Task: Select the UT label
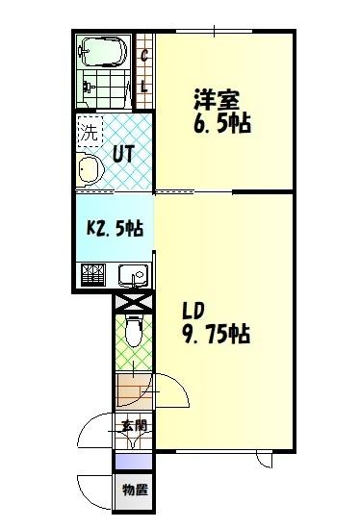[122, 152]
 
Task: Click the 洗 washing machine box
[89, 132]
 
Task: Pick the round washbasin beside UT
[90, 170]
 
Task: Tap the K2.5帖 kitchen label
[115, 228]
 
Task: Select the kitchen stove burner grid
[95, 276]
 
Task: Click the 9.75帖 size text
[217, 335]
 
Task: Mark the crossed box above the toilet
[133, 302]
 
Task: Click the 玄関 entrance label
[133, 426]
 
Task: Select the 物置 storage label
[134, 490]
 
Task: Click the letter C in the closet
[144, 54]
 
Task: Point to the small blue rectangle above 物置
[133, 460]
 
